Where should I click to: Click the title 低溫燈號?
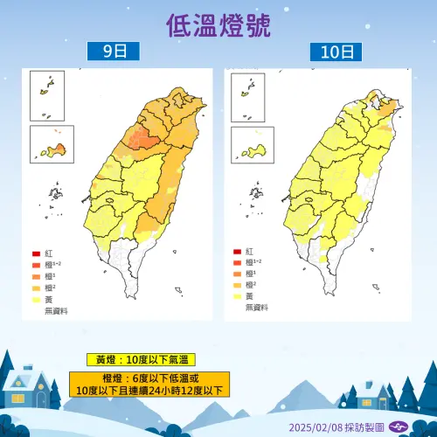[218, 24]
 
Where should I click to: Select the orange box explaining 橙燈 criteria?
[149, 384]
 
